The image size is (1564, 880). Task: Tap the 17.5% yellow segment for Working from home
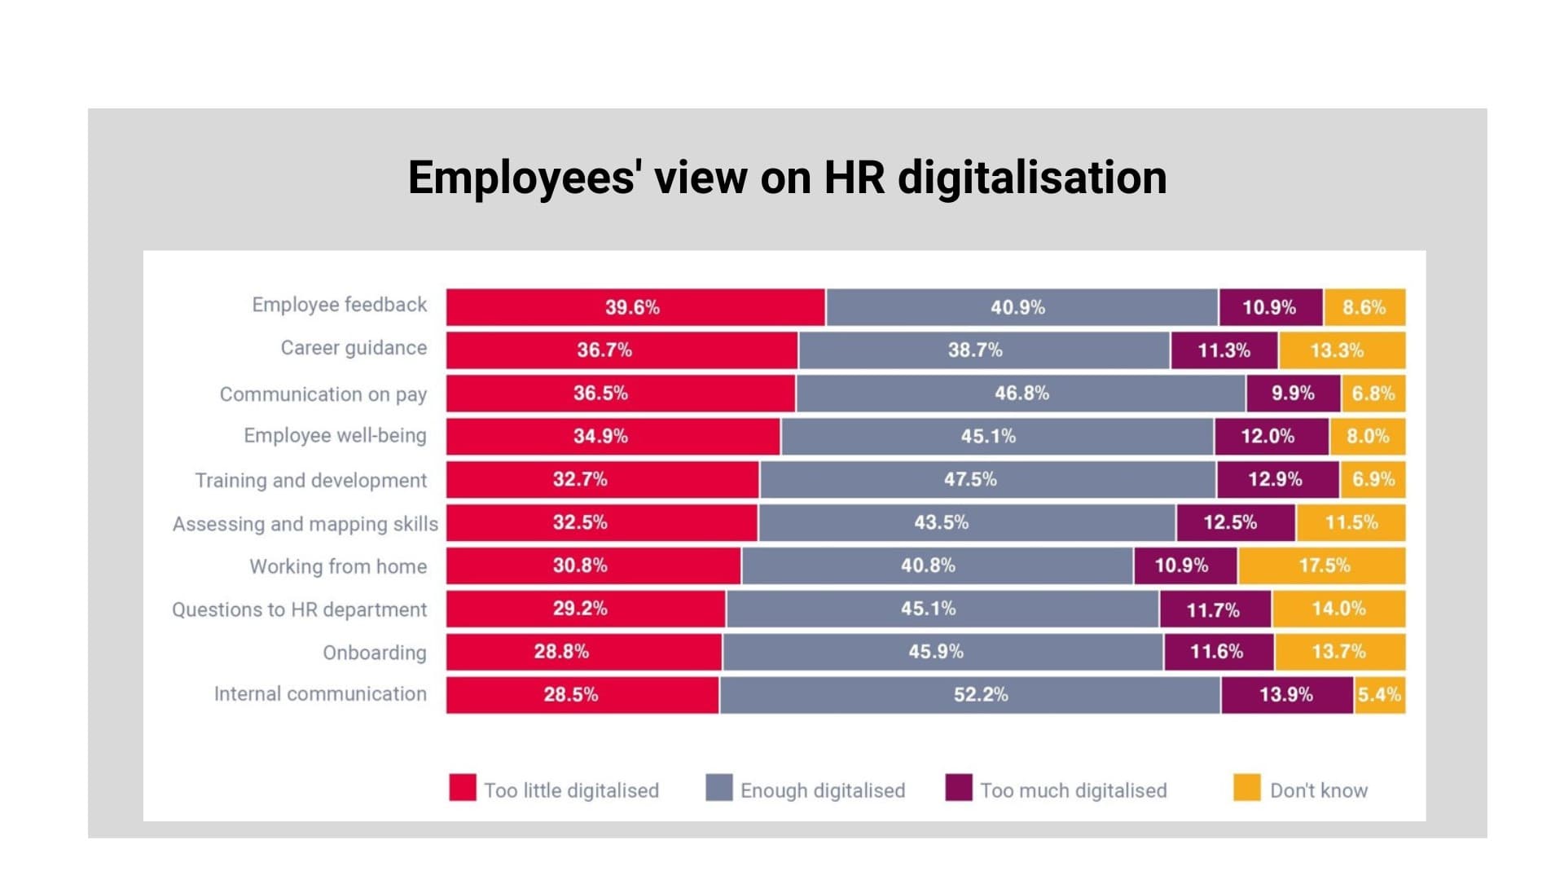tap(1322, 565)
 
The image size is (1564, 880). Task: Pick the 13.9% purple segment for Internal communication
tap(1287, 695)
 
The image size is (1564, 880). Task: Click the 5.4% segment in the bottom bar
tap(1380, 695)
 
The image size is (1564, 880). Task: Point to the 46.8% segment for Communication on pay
tap(1021, 394)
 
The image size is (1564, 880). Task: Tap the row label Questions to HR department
tap(299, 609)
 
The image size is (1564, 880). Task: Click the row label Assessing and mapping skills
tap(305, 523)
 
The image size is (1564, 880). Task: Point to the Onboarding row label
tap(374, 653)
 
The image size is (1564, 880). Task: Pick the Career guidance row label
tap(354, 348)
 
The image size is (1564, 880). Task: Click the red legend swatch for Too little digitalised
tap(463, 788)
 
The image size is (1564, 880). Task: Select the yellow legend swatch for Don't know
tap(1246, 788)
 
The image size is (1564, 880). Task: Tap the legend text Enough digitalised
tap(822, 790)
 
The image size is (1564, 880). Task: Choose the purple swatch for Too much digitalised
tap(959, 788)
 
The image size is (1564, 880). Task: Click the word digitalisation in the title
tap(1032, 178)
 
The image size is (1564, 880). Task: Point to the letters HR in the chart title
tap(854, 178)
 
